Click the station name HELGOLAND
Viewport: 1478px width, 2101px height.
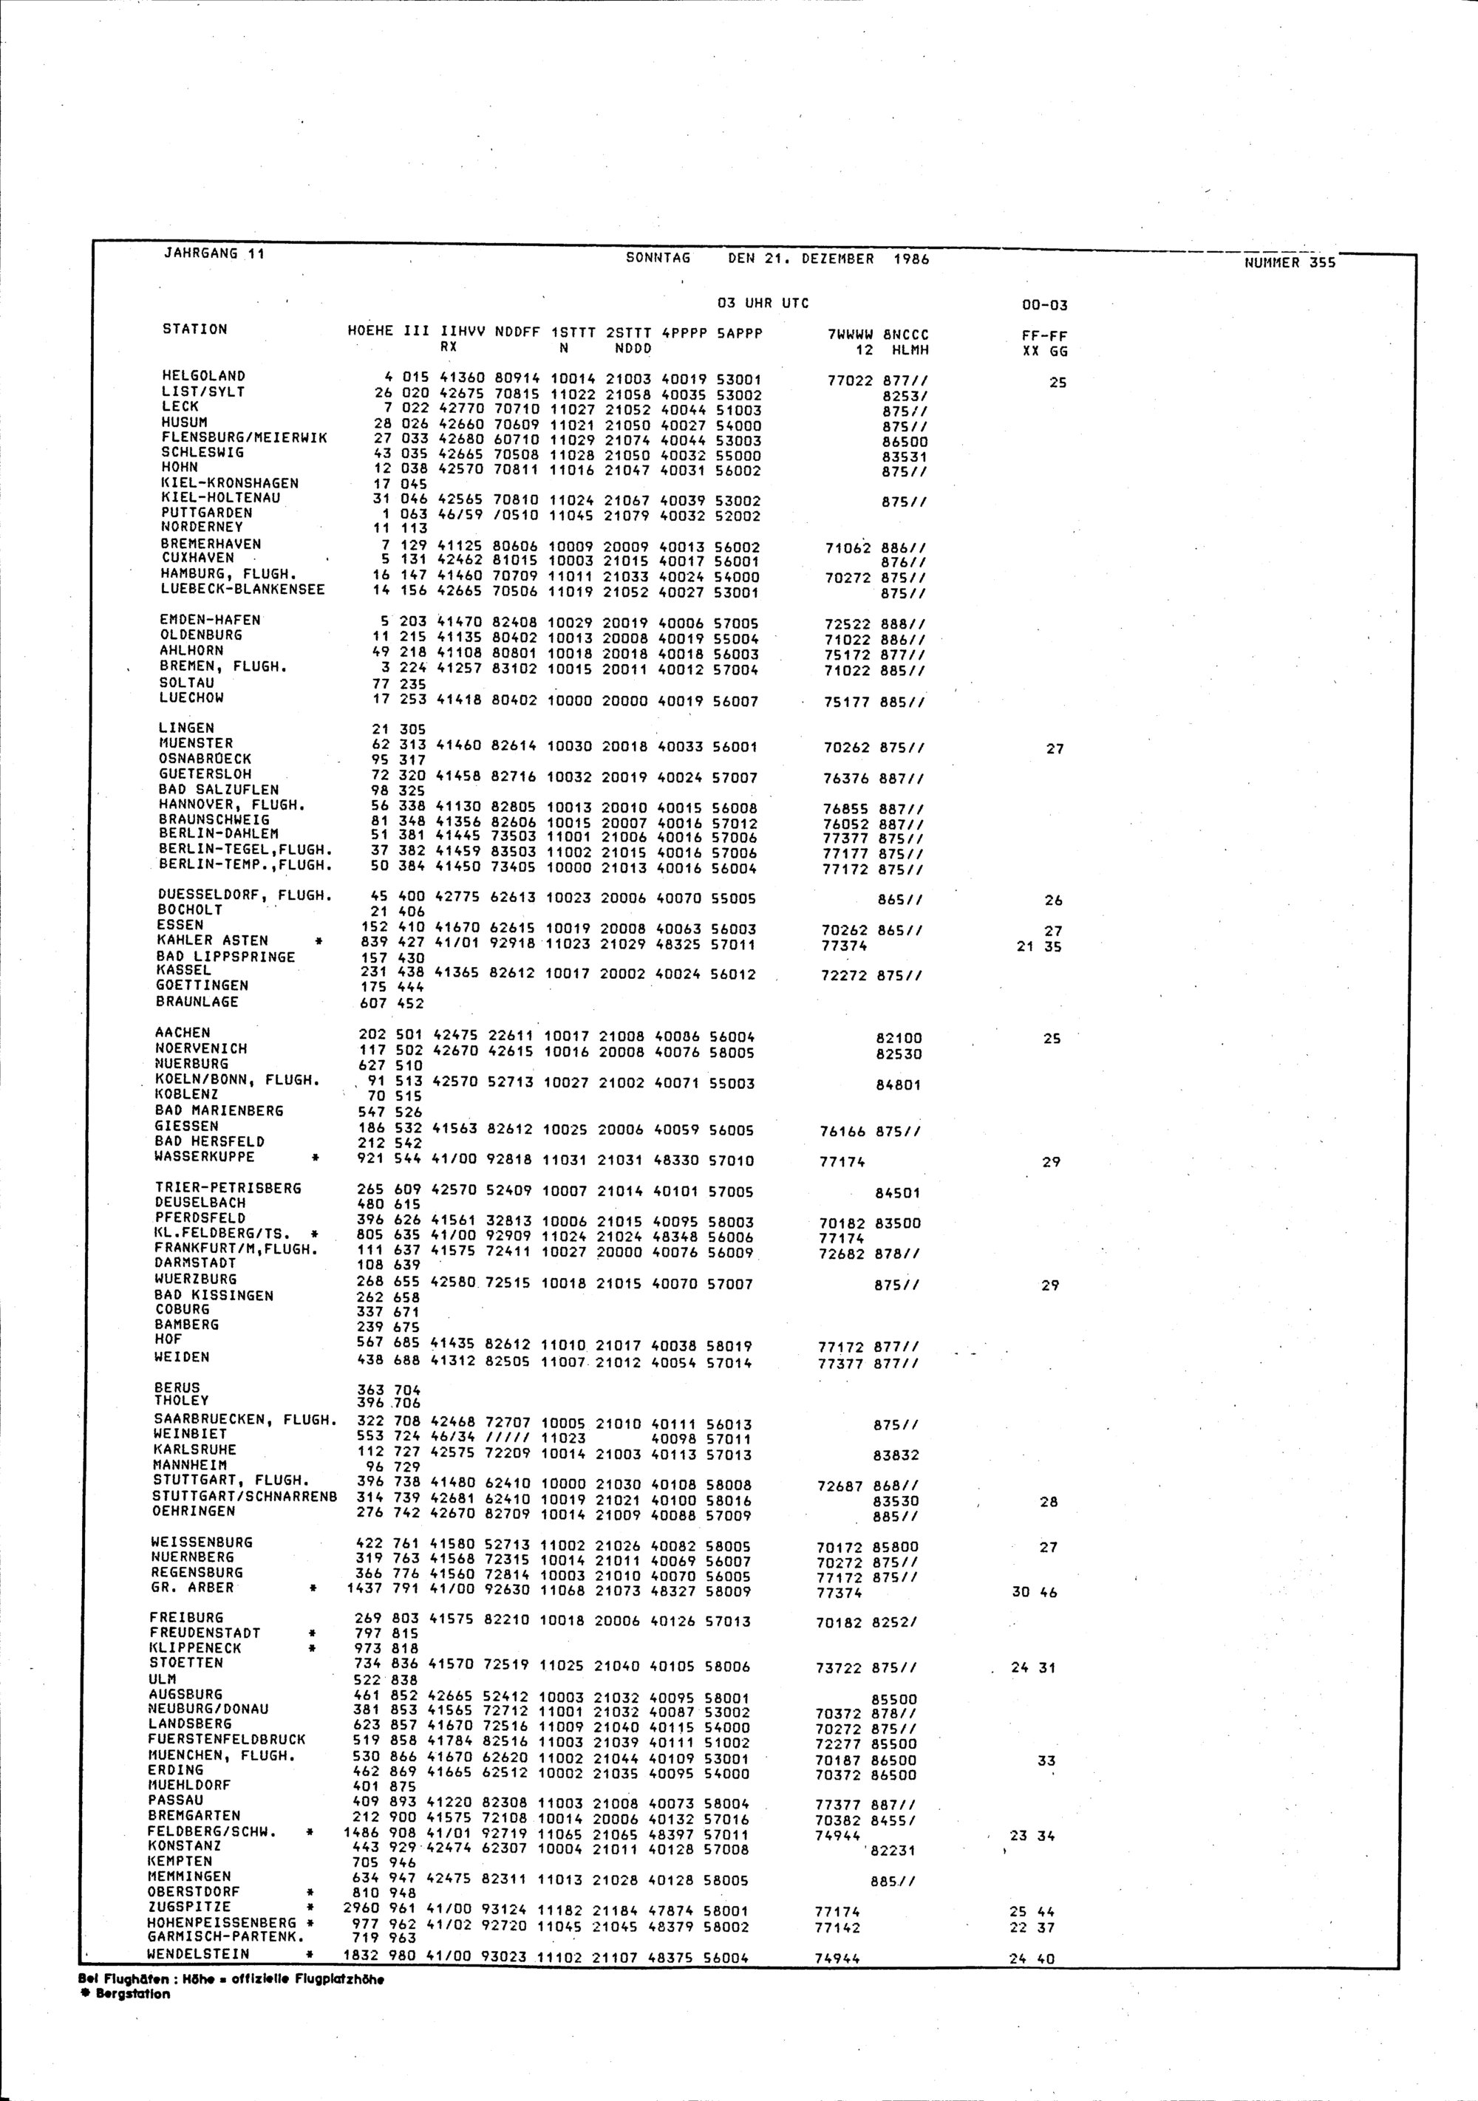click(203, 376)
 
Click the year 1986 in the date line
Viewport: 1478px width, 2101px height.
click(910, 259)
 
